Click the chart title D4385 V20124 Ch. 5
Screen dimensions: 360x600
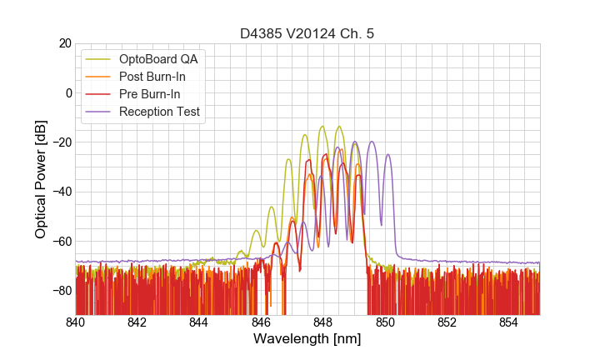[x=307, y=33]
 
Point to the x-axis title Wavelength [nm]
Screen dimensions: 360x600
[x=307, y=340]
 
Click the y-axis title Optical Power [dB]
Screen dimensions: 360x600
[x=41, y=178]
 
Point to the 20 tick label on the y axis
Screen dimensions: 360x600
[x=64, y=43]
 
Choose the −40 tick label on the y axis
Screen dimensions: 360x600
[x=59, y=192]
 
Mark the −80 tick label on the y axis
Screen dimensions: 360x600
[x=59, y=291]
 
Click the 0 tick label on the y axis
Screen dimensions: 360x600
[x=67, y=92]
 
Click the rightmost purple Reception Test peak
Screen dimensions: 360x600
[x=387, y=155]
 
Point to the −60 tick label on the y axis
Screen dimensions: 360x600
[x=59, y=242]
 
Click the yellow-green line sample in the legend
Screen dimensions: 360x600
[x=99, y=59]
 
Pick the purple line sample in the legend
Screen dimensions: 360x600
[x=99, y=112]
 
